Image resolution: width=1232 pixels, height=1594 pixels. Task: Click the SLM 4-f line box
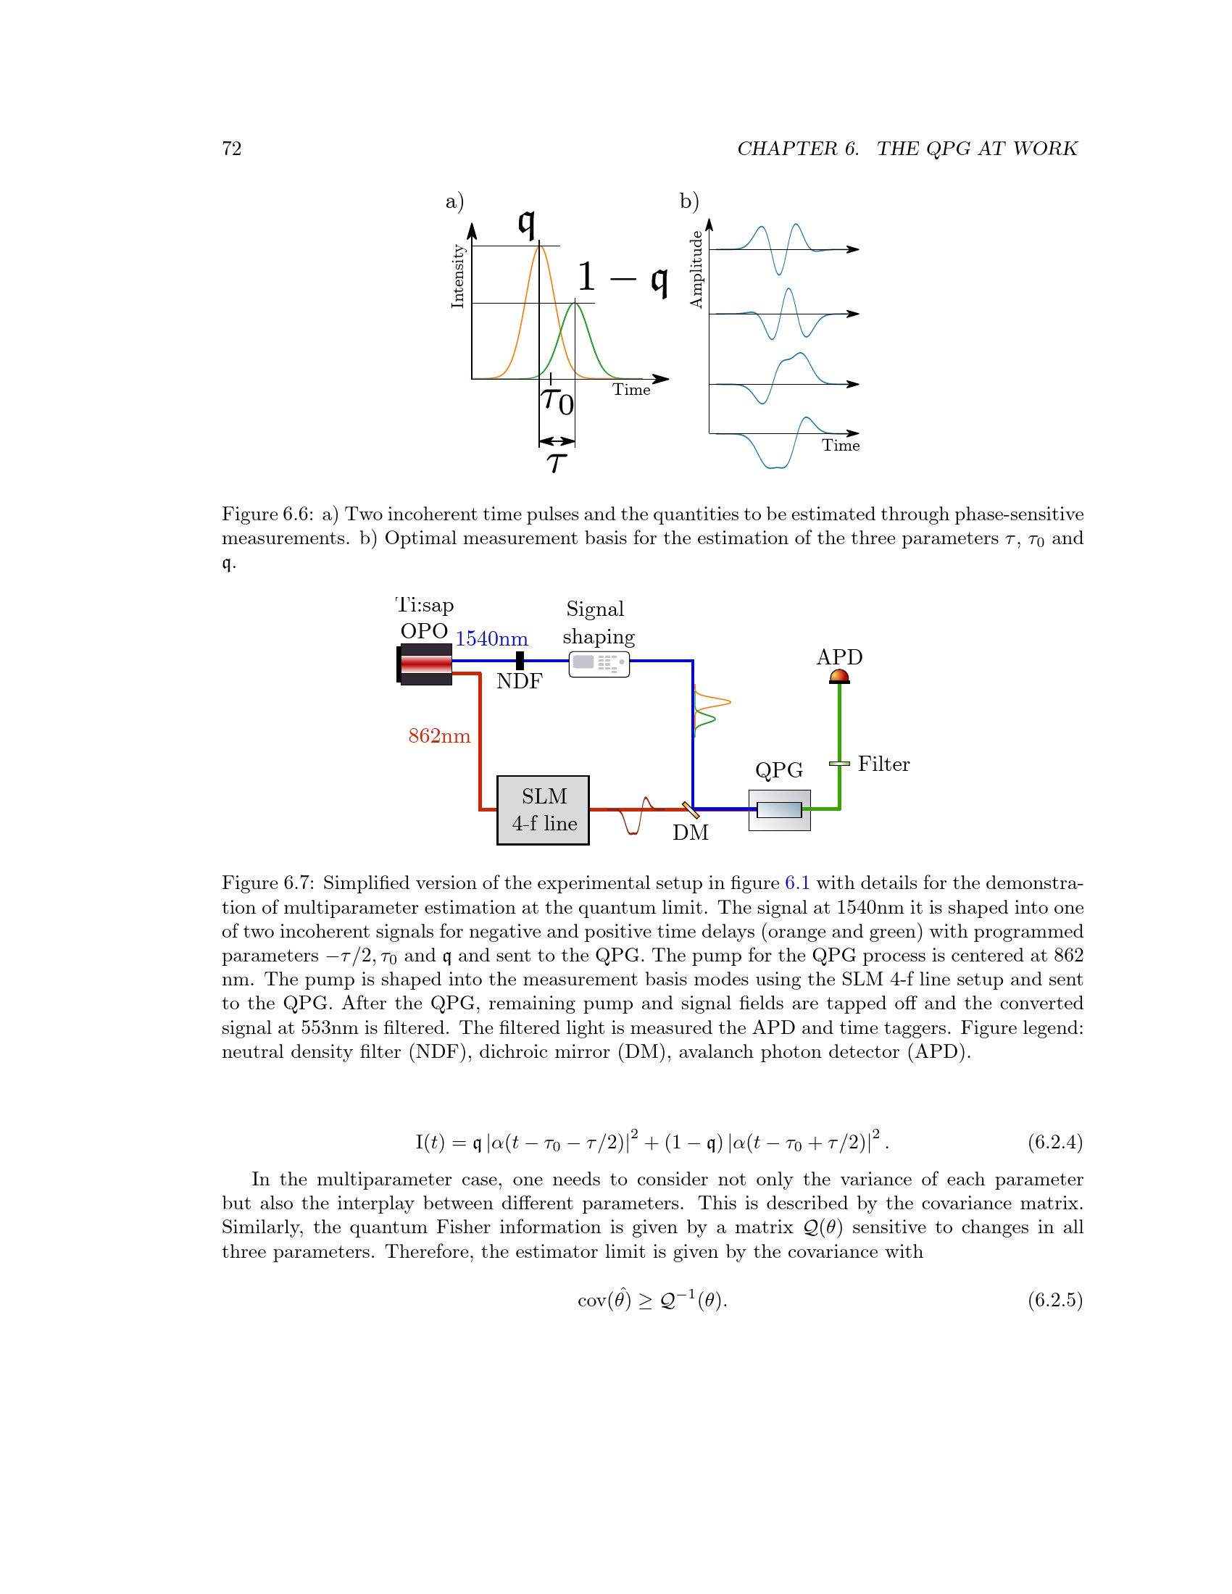tap(542, 809)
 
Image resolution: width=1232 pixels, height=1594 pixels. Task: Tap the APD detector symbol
tap(839, 676)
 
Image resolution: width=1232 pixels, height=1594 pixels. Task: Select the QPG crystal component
tap(779, 809)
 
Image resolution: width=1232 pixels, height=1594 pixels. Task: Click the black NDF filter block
tap(520, 660)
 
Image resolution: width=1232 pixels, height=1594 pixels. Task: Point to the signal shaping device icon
tap(599, 664)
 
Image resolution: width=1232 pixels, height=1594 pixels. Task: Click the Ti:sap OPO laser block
tap(425, 664)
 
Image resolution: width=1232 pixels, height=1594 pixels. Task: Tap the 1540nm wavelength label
tap(491, 638)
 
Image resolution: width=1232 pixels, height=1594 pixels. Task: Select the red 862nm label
tap(439, 735)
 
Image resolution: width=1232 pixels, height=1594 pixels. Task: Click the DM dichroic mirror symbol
tap(690, 809)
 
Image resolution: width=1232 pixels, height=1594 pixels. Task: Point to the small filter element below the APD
tap(839, 764)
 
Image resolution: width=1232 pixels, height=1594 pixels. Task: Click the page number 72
tap(231, 148)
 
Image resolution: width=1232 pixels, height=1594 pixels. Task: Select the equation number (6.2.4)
tap(1054, 1141)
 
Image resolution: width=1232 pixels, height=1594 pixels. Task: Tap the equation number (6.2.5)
tap(1054, 1300)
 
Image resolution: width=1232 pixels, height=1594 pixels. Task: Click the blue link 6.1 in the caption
tap(797, 883)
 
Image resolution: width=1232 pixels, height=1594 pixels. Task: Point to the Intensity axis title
tap(457, 276)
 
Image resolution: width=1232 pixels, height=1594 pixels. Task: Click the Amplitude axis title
tap(696, 269)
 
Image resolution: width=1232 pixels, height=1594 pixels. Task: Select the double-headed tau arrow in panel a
tap(557, 441)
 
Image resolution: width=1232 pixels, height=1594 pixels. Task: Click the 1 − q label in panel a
tap(622, 278)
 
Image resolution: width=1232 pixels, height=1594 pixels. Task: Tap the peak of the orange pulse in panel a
tap(539, 246)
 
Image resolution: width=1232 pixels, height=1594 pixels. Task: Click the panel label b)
tap(689, 201)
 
